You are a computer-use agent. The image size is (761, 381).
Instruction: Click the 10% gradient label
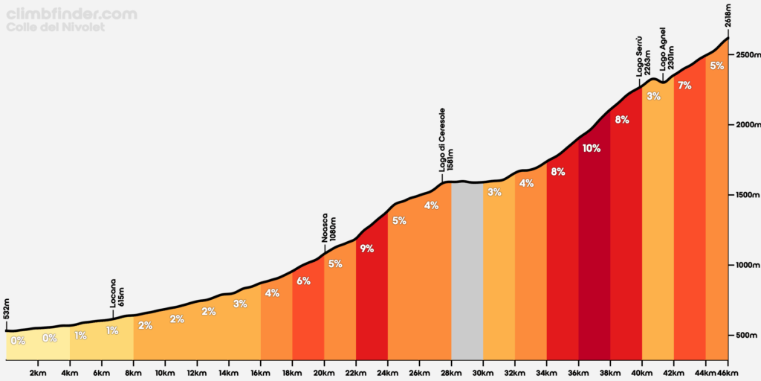pos(592,148)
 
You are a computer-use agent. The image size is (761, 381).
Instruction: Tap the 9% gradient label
pos(366,249)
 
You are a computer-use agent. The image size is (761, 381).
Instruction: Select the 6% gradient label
pos(303,281)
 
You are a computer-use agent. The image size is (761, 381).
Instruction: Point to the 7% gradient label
pos(684,86)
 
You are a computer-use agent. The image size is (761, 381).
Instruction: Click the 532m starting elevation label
pos(7,310)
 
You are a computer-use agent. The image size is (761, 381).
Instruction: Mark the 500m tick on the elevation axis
pos(746,335)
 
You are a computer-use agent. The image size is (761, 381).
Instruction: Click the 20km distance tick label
pos(324,371)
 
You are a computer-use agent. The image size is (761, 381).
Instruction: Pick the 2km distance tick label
pos(38,371)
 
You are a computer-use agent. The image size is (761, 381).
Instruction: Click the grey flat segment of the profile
pos(467,268)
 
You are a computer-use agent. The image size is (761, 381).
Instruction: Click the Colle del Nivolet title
pos(56,27)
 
